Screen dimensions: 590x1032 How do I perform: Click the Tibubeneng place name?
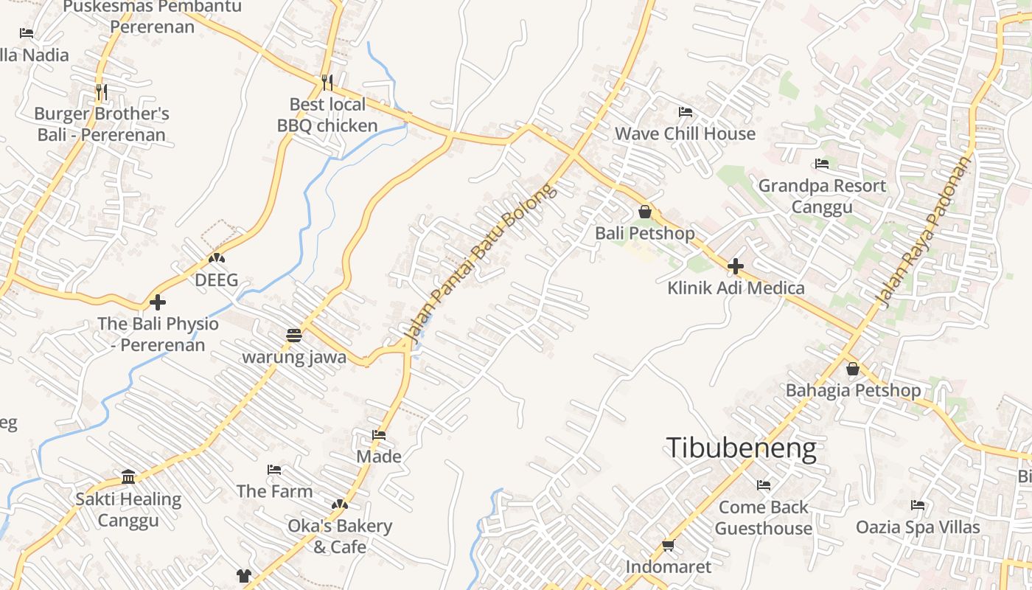741,448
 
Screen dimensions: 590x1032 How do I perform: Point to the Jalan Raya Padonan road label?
924,231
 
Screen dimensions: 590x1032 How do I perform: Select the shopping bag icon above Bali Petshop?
645,212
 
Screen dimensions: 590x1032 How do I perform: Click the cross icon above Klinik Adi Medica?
735,266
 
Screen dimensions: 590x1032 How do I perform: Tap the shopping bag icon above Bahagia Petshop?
853,369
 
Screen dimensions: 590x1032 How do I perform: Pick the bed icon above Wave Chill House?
685,112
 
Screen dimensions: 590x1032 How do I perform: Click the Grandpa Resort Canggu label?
822,195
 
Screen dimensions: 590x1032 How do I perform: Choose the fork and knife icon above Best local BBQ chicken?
327,82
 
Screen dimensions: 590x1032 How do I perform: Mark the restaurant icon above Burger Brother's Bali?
102,92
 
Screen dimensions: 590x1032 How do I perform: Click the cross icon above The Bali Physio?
158,302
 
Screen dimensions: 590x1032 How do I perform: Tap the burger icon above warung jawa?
294,336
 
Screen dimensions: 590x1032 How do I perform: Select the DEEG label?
216,280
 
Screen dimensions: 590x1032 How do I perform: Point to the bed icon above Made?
379,435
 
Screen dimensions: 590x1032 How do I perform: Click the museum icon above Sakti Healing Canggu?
128,477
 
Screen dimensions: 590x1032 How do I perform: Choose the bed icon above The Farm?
274,470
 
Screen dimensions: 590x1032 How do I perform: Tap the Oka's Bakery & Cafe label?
340,536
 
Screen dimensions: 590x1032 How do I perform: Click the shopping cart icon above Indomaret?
668,546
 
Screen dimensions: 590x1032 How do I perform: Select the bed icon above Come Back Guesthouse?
764,485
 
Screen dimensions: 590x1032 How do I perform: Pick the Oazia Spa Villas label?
918,527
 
